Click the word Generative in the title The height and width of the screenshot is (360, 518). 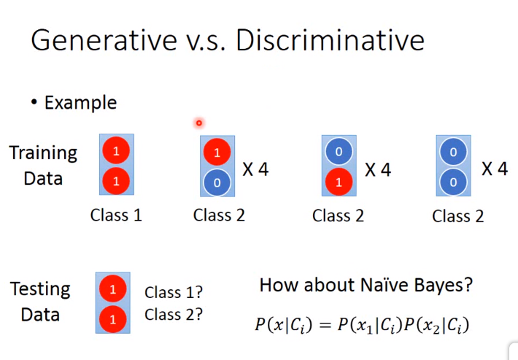(x=104, y=39)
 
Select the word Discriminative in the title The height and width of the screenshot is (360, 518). (x=330, y=39)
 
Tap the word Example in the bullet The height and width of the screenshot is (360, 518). (x=80, y=103)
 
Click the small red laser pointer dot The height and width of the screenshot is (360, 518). (x=199, y=123)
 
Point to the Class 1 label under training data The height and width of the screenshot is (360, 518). (x=116, y=215)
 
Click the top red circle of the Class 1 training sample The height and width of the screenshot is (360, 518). (x=116, y=150)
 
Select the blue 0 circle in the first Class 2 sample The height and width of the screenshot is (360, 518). (x=217, y=183)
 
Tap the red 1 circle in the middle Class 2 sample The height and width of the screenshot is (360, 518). (x=339, y=182)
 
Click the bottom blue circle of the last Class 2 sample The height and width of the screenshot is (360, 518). (x=453, y=182)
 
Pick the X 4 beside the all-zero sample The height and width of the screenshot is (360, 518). (x=495, y=169)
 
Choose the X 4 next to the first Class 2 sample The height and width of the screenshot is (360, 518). (x=255, y=169)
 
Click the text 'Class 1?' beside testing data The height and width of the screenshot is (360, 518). (x=174, y=292)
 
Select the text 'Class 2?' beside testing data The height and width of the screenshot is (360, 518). (x=174, y=315)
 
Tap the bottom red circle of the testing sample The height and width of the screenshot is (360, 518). (x=112, y=319)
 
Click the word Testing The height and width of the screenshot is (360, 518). (x=40, y=290)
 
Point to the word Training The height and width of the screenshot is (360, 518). (x=43, y=154)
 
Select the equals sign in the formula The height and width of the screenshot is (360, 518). (x=325, y=325)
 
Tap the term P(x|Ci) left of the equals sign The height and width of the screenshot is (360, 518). (x=284, y=325)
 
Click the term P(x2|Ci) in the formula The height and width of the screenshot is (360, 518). (x=436, y=325)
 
